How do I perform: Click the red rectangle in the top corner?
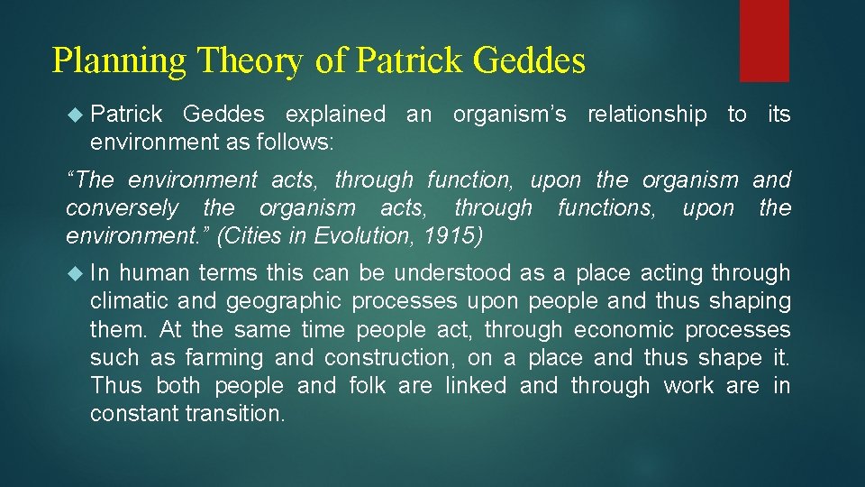[764, 40]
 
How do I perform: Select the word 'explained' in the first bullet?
[334, 115]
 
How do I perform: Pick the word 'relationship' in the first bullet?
[646, 115]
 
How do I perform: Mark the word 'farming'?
[220, 358]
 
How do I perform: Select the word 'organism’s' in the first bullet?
[509, 115]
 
